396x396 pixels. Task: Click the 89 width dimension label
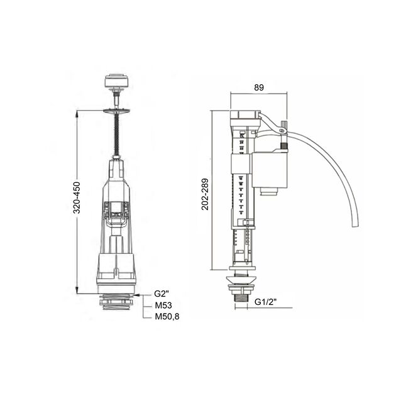point(259,87)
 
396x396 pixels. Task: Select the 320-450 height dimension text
point(77,197)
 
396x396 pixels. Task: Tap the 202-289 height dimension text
point(205,194)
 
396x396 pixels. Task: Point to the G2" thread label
point(162,294)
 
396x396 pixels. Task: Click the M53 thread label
point(163,305)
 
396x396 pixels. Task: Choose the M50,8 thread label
point(167,316)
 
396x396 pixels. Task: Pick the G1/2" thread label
point(266,302)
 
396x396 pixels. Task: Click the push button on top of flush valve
point(117,80)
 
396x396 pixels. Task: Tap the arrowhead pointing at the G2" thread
point(136,295)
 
